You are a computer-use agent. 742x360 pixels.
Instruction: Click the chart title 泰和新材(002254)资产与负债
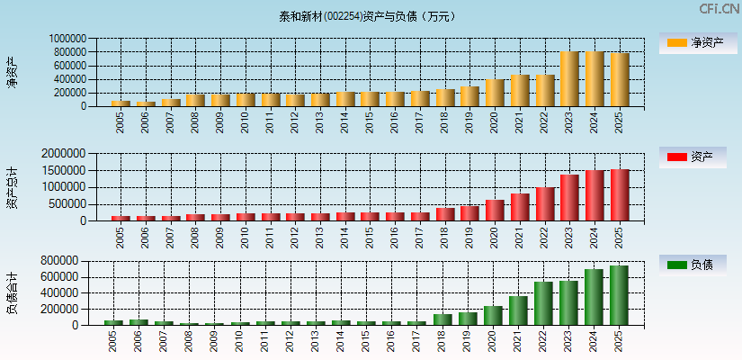click(x=366, y=16)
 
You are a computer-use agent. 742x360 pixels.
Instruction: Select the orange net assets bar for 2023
click(x=569, y=79)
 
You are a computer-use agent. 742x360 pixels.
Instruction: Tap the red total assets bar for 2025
click(x=620, y=194)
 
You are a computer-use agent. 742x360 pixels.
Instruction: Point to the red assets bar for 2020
click(x=495, y=211)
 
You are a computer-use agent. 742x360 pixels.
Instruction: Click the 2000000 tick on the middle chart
click(x=65, y=154)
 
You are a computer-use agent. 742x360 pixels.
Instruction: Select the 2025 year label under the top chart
click(x=620, y=122)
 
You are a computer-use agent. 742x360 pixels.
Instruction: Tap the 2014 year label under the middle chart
click(x=345, y=237)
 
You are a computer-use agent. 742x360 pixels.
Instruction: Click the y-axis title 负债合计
click(x=12, y=292)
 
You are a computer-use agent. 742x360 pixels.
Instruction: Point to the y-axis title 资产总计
click(x=12, y=187)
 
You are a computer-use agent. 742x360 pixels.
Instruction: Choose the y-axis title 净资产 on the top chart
click(x=12, y=72)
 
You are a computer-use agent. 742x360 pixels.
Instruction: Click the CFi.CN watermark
click(x=719, y=9)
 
